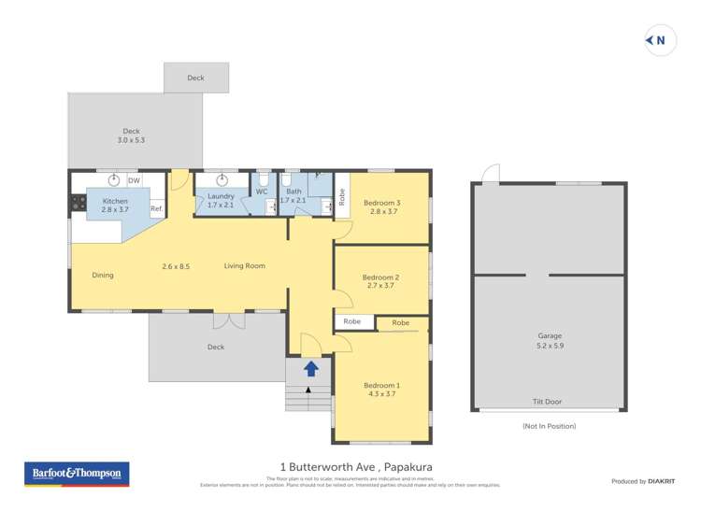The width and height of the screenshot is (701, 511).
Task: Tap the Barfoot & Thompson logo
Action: point(76,474)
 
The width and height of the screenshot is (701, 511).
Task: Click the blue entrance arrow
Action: point(311,369)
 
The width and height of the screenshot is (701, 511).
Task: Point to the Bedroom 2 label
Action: point(381,281)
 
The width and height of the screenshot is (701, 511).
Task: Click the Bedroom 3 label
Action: point(381,207)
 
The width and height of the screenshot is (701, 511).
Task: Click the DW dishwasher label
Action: point(134,180)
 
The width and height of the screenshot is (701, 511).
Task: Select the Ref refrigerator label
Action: point(156,208)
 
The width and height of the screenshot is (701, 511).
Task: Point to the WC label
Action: point(262,192)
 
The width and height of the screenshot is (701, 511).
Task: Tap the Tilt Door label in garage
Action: point(548,402)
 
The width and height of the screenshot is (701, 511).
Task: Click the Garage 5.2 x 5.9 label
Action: point(549,340)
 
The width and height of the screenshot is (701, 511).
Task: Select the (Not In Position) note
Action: point(549,426)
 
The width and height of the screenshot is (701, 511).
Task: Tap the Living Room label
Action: point(244,266)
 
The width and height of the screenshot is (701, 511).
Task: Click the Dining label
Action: point(103,276)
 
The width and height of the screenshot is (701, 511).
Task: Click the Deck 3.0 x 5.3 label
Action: point(131,135)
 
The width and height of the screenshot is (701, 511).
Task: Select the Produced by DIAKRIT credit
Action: point(643,481)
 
